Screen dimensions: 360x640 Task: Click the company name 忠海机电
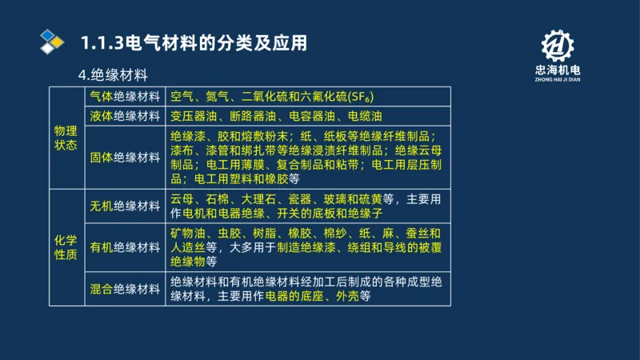coord(557,70)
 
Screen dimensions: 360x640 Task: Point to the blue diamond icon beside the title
coord(52,42)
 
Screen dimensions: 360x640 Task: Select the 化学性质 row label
coord(66,246)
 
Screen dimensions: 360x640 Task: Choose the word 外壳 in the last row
coord(342,296)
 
